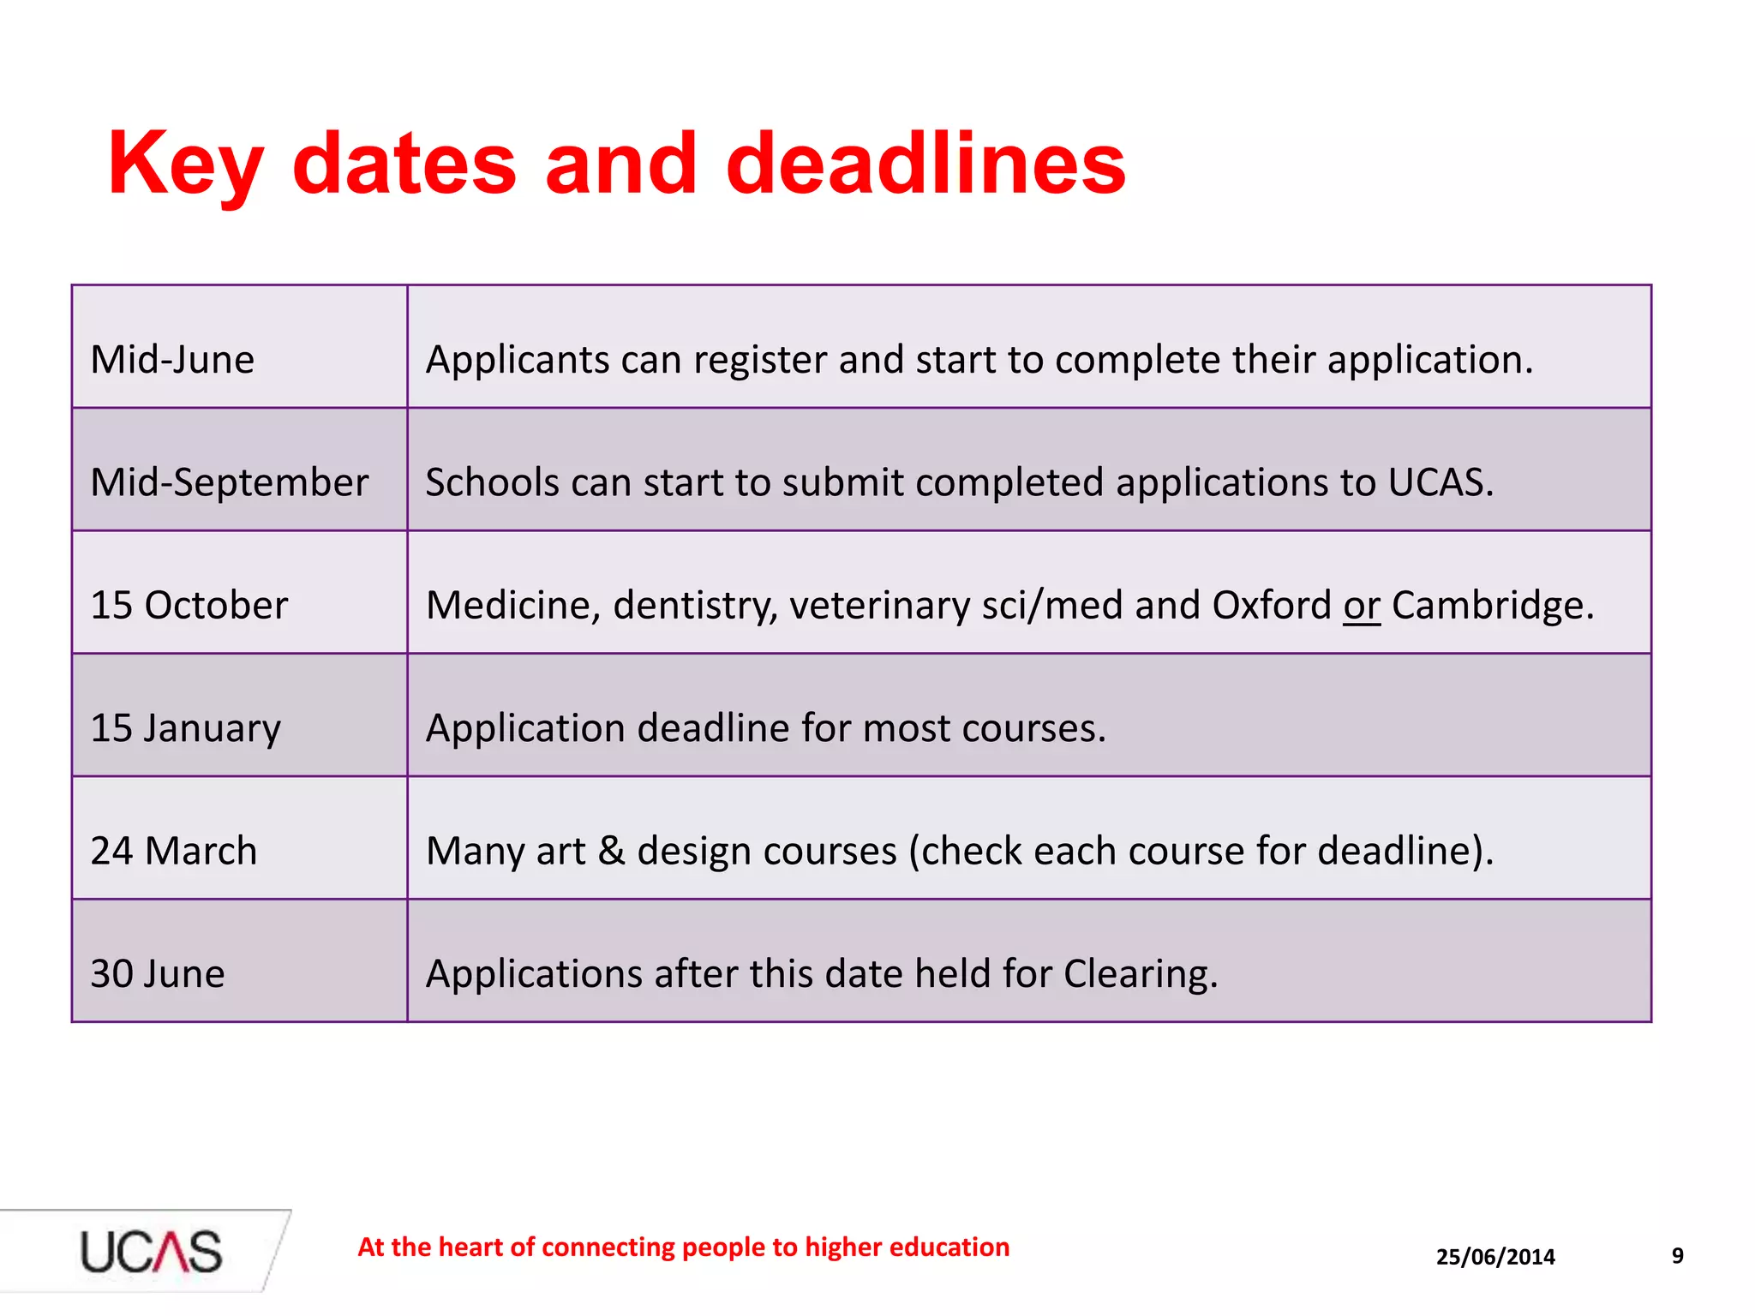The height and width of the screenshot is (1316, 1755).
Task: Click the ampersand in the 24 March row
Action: (610, 852)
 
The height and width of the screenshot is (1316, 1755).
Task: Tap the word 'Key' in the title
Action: (184, 164)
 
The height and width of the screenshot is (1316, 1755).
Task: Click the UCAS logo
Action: (151, 1251)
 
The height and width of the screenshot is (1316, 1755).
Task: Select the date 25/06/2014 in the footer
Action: (1495, 1257)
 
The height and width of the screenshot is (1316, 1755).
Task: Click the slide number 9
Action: (1677, 1256)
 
